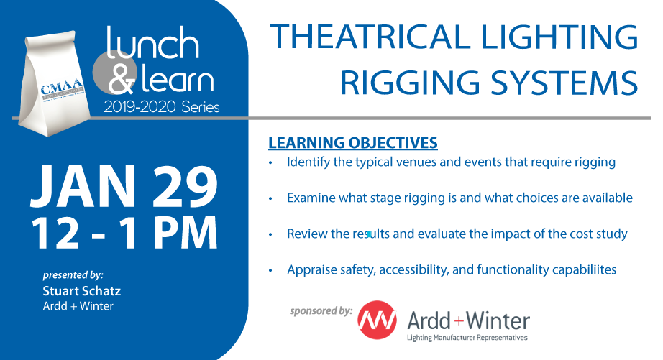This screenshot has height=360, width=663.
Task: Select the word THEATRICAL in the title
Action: pos(370,37)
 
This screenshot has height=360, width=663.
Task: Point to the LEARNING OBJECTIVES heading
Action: pos(352,143)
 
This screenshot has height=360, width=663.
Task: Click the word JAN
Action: pos(83,186)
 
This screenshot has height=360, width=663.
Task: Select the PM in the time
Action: pos(186,232)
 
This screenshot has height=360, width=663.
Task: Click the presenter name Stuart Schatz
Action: pos(81,291)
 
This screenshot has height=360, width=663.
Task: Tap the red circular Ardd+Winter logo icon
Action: pos(378,320)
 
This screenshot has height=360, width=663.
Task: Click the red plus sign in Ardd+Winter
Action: pos(459,321)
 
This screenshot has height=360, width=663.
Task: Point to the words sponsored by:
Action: pos(321,311)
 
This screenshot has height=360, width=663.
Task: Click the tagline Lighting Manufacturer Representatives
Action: pos(467,338)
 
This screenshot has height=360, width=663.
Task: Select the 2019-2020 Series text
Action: pos(162,107)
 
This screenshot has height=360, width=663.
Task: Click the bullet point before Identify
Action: pos(270,162)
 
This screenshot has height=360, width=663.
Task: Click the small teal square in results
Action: pos(369,234)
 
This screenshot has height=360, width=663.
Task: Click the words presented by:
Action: pos(73,275)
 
